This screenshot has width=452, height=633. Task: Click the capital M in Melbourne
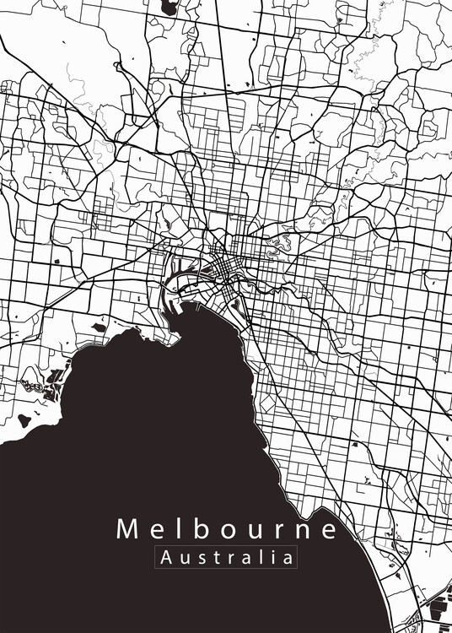126,529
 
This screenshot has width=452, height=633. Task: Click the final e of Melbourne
326,531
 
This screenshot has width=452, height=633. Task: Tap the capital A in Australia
165,558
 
